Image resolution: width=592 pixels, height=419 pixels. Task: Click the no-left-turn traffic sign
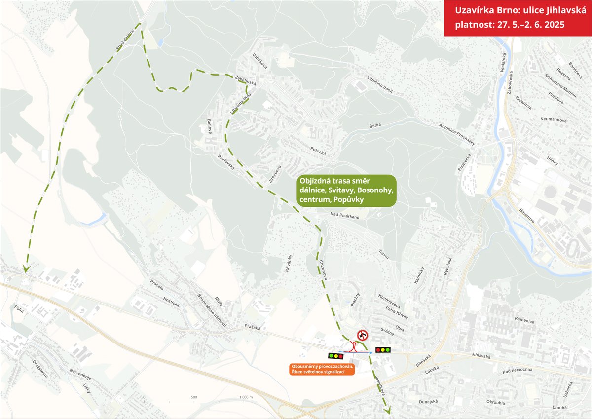363,336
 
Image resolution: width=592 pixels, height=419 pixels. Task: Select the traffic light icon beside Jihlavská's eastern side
383,350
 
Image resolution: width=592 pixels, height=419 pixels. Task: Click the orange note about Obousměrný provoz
323,369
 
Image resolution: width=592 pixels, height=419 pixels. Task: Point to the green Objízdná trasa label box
346,190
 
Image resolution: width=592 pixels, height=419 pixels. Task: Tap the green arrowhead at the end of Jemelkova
387,409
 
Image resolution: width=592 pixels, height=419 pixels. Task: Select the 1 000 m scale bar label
244,397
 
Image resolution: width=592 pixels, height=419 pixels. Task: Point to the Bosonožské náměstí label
211,308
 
